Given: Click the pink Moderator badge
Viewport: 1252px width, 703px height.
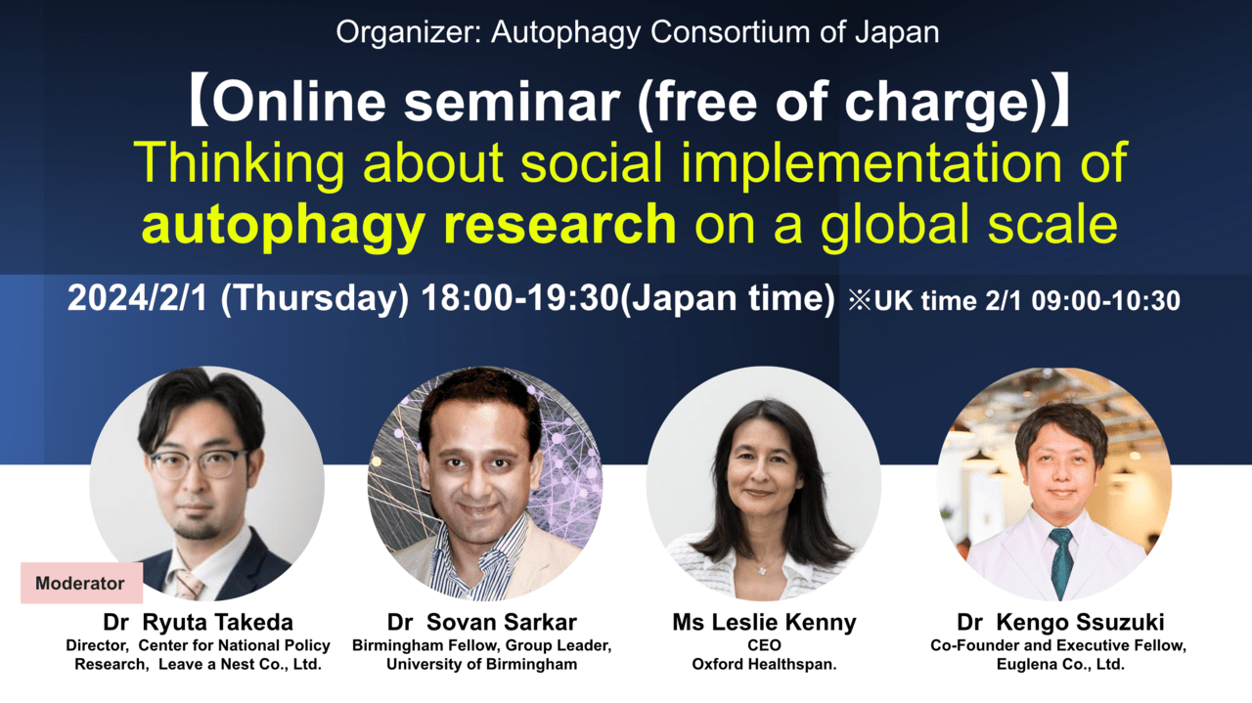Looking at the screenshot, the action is pyautogui.click(x=81, y=583).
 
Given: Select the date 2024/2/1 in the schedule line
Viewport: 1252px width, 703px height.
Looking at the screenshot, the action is pyautogui.click(x=137, y=298).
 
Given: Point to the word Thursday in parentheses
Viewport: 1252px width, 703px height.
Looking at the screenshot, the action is pyautogui.click(x=315, y=299).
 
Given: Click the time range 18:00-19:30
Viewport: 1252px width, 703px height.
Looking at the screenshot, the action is pyautogui.click(x=519, y=298).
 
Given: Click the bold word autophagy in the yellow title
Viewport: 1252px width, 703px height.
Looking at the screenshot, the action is pyautogui.click(x=283, y=225).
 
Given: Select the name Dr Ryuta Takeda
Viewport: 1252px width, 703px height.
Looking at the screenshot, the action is pyautogui.click(x=198, y=622).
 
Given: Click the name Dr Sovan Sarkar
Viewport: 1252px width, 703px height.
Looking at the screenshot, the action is pyautogui.click(x=482, y=622).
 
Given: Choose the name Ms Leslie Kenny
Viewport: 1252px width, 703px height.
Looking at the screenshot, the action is pyautogui.click(x=764, y=622).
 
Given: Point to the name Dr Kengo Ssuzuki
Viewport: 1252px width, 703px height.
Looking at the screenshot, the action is pyautogui.click(x=1060, y=622).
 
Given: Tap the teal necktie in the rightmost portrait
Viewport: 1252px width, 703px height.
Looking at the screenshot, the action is pyautogui.click(x=1060, y=560).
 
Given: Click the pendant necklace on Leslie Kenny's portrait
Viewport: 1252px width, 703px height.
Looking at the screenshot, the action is pyautogui.click(x=761, y=569).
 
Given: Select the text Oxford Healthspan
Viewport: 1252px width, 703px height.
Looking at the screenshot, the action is pyautogui.click(x=764, y=665).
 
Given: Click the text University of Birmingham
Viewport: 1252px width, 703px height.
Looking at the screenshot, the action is pyautogui.click(x=482, y=665).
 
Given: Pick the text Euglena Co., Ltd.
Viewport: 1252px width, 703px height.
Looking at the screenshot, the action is pyautogui.click(x=1060, y=665).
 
